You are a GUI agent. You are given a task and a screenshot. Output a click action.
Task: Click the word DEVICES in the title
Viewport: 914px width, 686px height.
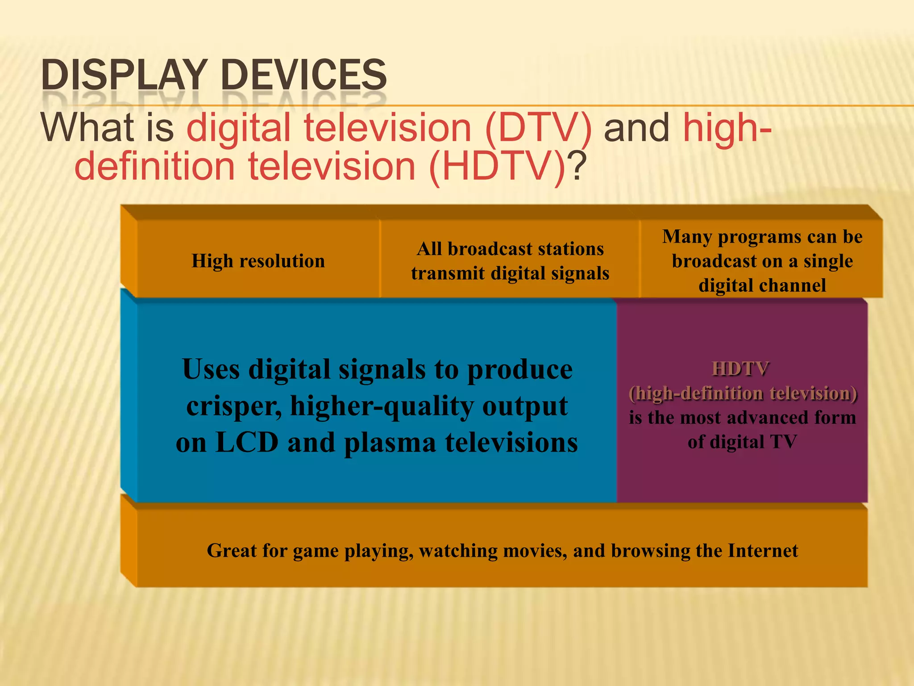tap(303, 75)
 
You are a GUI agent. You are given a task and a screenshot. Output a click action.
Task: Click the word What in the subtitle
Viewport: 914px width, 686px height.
tap(87, 129)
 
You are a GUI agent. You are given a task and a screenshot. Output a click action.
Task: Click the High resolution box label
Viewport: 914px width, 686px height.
tap(258, 261)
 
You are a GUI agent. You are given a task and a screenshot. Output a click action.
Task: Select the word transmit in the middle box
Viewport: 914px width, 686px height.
tap(448, 273)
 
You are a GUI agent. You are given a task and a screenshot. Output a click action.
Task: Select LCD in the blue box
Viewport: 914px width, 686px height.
tap(247, 443)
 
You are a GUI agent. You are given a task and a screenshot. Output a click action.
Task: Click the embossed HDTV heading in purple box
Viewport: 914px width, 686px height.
tap(741, 369)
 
